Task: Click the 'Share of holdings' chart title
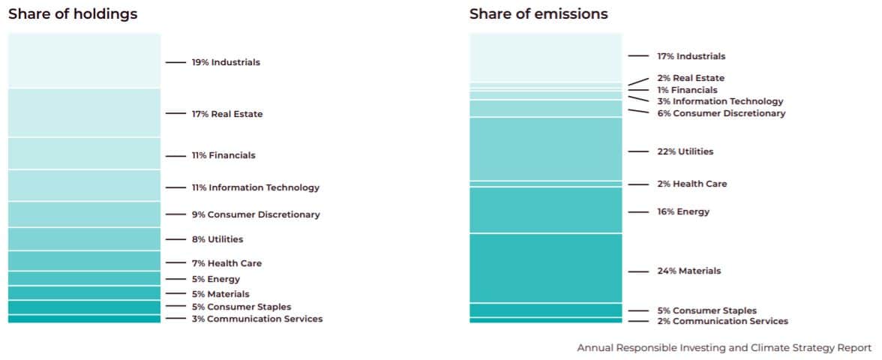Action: [73, 14]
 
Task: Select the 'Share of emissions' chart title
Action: [538, 14]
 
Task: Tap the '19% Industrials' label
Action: [226, 62]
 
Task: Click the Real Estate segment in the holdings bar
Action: [84, 113]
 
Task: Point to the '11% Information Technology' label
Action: [256, 187]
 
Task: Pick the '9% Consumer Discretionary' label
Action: [256, 214]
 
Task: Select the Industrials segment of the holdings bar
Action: [84, 61]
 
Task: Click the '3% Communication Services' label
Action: [257, 319]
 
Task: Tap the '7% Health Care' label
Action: [226, 263]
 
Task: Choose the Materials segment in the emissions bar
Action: [546, 268]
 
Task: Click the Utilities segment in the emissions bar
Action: [546, 149]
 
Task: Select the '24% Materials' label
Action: [689, 271]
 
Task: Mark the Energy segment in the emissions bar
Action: [546, 210]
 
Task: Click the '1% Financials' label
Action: [687, 90]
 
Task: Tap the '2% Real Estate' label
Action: [691, 78]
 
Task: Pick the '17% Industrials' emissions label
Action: [691, 56]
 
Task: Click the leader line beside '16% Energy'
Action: [638, 212]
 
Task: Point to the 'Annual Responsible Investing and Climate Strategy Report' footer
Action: [724, 348]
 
